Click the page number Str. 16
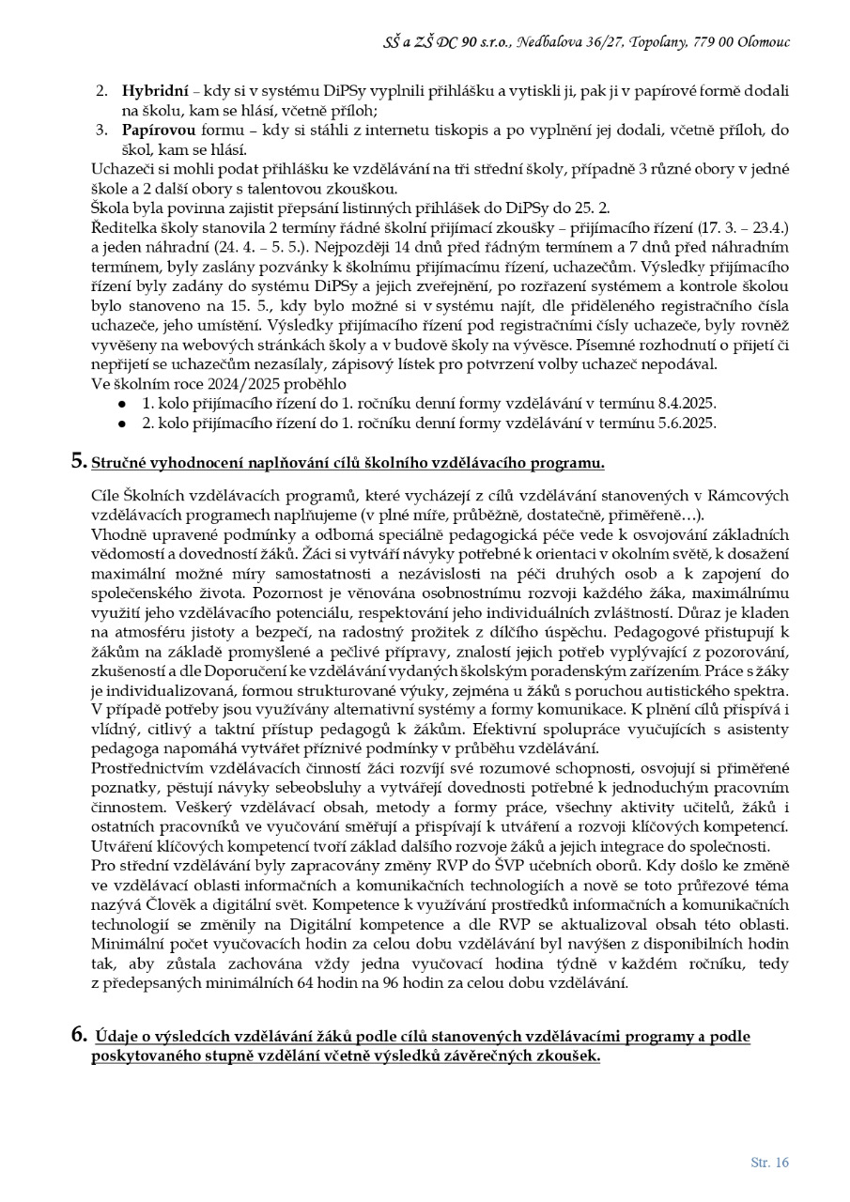click(x=769, y=1163)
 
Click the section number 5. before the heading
click(x=79, y=461)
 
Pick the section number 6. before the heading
click(x=80, y=1037)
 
